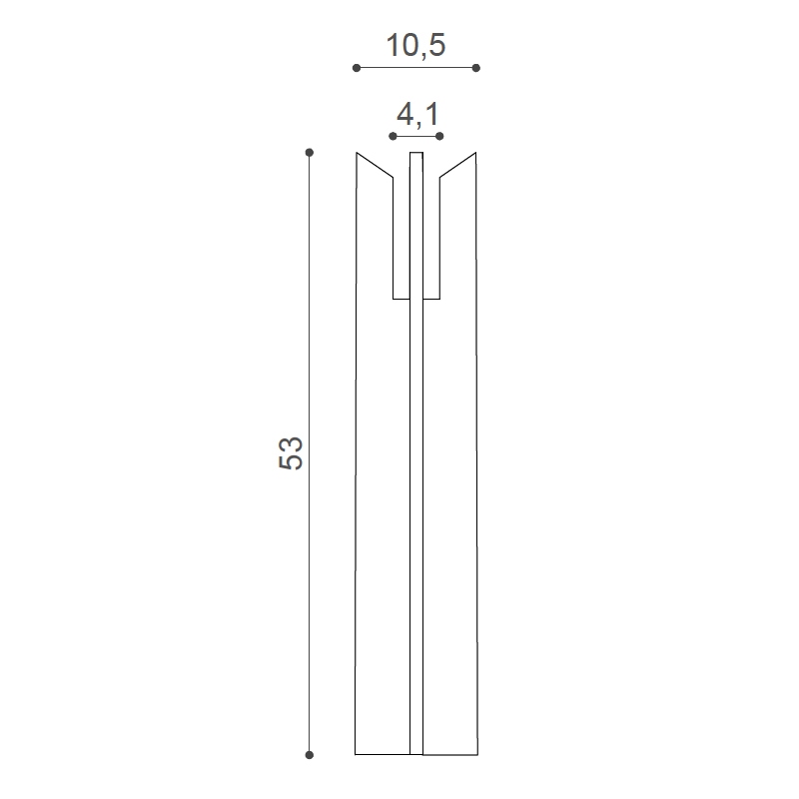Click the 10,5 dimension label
pos(415,45)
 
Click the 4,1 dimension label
pos(417,114)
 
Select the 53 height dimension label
pos(291,453)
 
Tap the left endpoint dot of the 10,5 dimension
pos(357,68)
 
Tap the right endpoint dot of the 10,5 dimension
pos(476,68)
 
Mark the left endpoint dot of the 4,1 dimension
pos(393,136)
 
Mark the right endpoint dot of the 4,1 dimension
pos(439,136)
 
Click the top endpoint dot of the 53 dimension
pos(310,153)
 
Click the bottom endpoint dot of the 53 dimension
pos(310,755)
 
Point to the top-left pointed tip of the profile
pos(357,153)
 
